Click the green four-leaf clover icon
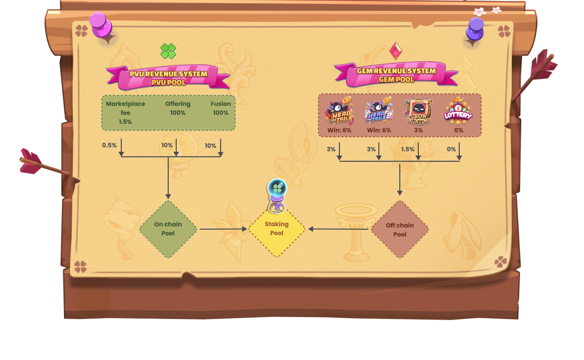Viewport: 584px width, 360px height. coord(168,50)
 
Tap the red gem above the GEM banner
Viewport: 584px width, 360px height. coord(396,50)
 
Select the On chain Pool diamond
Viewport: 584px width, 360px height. coord(168,229)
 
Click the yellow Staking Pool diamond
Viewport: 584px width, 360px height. coord(277,229)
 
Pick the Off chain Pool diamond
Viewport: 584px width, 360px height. coord(400,230)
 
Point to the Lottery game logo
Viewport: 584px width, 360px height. coord(458,111)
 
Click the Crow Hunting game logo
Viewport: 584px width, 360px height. coord(418,111)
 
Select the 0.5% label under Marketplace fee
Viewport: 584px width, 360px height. coord(109,145)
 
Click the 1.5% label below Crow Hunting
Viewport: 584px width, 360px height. coord(408,149)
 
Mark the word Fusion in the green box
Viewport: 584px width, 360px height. coord(221,104)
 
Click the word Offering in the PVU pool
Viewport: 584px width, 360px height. coord(178,104)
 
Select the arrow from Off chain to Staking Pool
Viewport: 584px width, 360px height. coord(339,229)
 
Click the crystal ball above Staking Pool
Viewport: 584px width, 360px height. coord(277,189)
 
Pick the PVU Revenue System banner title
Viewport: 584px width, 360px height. coord(168,74)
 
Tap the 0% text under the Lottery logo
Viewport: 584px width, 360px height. coord(458,130)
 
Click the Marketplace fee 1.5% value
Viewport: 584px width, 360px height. coord(125,122)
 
